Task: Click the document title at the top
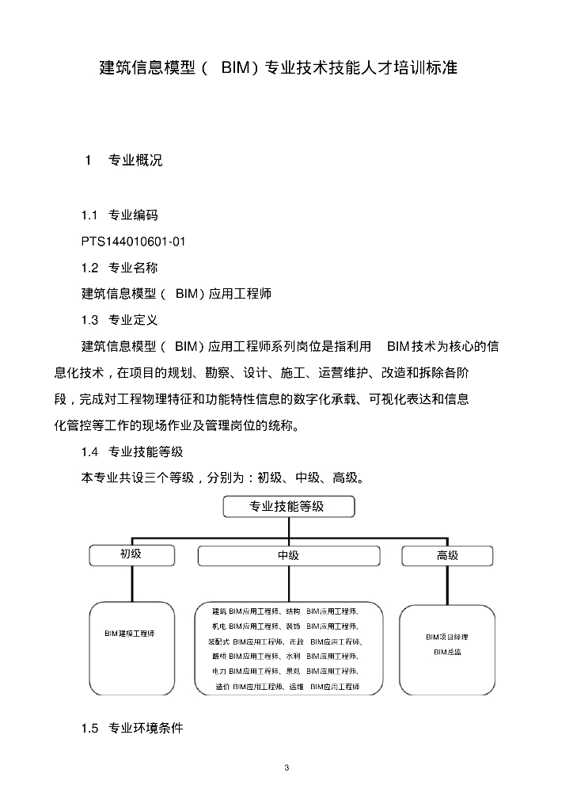pyautogui.click(x=279, y=67)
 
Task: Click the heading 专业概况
pyautogui.click(x=135, y=160)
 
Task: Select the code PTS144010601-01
pyautogui.click(x=133, y=241)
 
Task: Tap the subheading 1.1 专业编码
pyautogui.click(x=120, y=215)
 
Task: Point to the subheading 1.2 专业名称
pyautogui.click(x=120, y=268)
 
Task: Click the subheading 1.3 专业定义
pyautogui.click(x=120, y=320)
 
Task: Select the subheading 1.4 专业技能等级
pyautogui.click(x=132, y=451)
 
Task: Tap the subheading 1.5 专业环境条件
pyautogui.click(x=132, y=728)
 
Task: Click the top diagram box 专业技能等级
pyautogui.click(x=288, y=507)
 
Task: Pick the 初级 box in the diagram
pyautogui.click(x=131, y=554)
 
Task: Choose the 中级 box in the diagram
pyautogui.click(x=288, y=556)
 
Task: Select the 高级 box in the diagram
pyautogui.click(x=448, y=556)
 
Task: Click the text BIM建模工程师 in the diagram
pyautogui.click(x=130, y=634)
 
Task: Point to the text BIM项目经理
pyautogui.click(x=447, y=637)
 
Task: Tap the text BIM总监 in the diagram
pyautogui.click(x=447, y=653)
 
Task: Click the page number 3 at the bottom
pyautogui.click(x=286, y=768)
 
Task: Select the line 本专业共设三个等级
pyautogui.click(x=223, y=478)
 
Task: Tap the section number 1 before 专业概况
pyautogui.click(x=89, y=160)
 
